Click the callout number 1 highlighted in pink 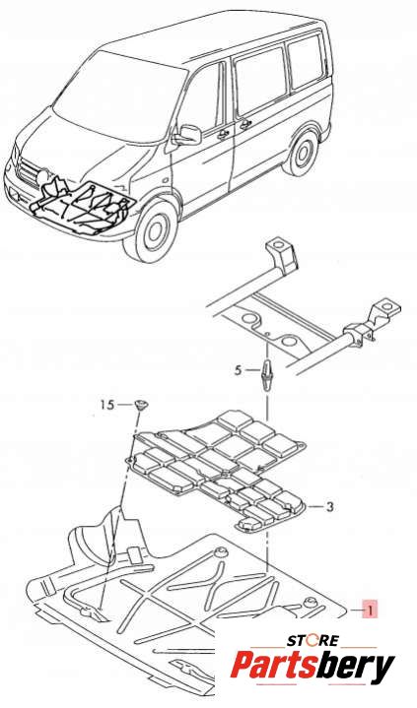click(370, 610)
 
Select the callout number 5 click(239, 370)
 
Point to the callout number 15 click(107, 405)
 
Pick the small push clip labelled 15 click(142, 405)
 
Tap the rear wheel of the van click(302, 152)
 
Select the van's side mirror click(187, 134)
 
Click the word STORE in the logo click(313, 641)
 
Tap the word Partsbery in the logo click(313, 667)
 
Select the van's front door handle click(224, 134)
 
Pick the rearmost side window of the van click(306, 61)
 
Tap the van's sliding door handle click(245, 124)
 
